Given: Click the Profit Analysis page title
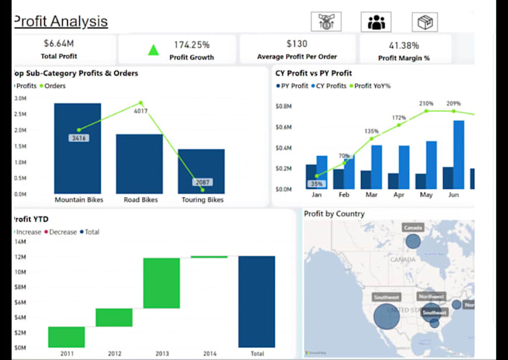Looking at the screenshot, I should [x=61, y=22].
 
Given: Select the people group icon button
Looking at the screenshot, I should [x=376, y=22].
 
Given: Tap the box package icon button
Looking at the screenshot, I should [x=424, y=22].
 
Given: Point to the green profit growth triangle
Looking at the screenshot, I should [x=154, y=50].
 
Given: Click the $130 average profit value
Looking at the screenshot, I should [x=297, y=44].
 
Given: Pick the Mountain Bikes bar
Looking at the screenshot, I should [x=78, y=149].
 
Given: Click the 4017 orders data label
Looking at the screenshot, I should [x=140, y=111].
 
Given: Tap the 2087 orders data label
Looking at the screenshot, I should [x=202, y=182].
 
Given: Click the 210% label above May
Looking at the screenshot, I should [x=426, y=104].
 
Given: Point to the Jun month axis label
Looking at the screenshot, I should [x=453, y=194].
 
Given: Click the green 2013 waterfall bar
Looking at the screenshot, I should [x=161, y=283].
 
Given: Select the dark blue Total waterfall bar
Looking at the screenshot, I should [x=256, y=302].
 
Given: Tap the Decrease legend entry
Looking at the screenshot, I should [x=63, y=232].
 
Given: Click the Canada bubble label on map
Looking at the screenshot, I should [x=412, y=227].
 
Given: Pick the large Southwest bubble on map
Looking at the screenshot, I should [x=386, y=316].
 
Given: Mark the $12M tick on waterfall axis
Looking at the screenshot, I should [x=20, y=257].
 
